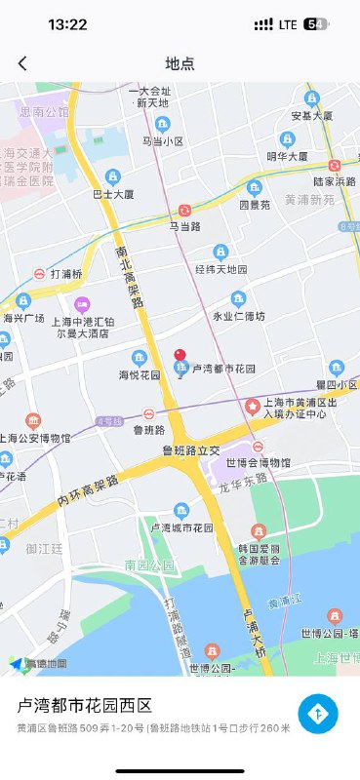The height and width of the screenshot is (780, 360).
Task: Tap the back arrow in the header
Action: click(x=22, y=63)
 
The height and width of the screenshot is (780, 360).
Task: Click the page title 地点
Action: click(x=180, y=63)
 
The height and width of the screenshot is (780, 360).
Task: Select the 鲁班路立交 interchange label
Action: click(x=191, y=449)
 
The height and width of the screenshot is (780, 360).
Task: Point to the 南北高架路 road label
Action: click(x=128, y=276)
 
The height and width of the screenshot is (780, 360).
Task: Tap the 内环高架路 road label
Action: click(x=88, y=490)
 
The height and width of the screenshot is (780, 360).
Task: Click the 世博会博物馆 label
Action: click(x=259, y=462)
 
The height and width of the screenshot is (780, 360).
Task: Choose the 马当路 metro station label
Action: click(x=185, y=226)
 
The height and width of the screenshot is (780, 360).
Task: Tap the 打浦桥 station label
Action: click(x=66, y=274)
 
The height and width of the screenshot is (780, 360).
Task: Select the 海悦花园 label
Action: click(x=140, y=374)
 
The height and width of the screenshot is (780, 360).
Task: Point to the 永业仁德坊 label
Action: click(x=238, y=316)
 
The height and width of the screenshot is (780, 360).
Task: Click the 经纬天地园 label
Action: click(x=221, y=269)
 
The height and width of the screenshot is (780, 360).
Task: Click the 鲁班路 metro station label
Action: click(x=149, y=428)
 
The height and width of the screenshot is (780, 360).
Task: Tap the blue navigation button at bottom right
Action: click(x=318, y=715)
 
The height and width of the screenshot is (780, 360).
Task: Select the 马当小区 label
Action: click(x=163, y=140)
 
